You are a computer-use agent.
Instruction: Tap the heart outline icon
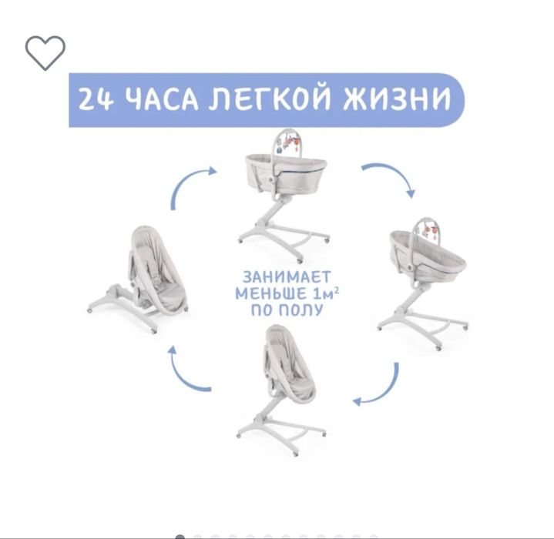coord(45,52)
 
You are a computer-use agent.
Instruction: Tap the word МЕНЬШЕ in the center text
coord(269,293)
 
